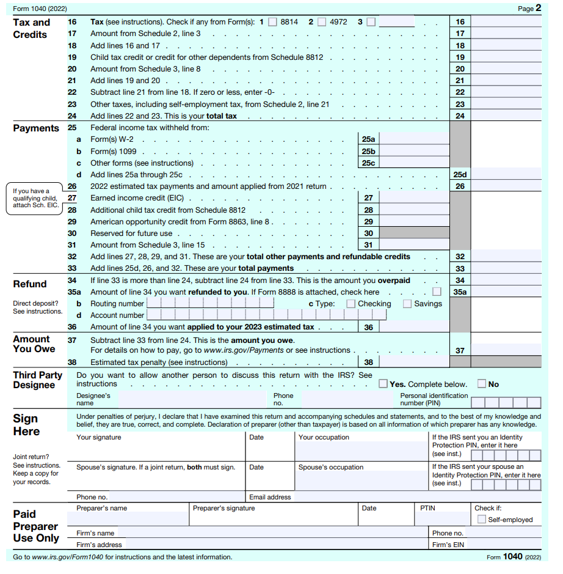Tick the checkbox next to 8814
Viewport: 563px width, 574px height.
[272, 22]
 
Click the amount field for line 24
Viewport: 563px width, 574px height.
[506, 116]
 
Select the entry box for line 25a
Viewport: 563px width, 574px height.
[414, 139]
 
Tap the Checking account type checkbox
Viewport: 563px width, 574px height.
[351, 304]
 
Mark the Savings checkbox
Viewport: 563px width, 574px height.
[407, 304]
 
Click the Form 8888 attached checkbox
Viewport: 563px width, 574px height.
[437, 292]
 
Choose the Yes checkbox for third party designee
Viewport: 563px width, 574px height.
[383, 384]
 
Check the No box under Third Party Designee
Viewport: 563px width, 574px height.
[482, 384]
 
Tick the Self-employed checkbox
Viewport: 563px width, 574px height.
[482, 520]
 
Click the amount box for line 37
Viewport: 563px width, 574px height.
[506, 350]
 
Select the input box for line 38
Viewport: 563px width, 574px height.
[414, 362]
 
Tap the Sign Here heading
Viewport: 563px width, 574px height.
[26, 425]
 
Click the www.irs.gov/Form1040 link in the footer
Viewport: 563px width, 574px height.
[67, 557]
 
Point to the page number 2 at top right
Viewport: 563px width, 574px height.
[538, 8]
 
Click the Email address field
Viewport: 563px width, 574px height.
[415, 497]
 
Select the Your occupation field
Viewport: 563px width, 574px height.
[361, 450]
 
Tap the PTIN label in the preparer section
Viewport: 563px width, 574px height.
[427, 508]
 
